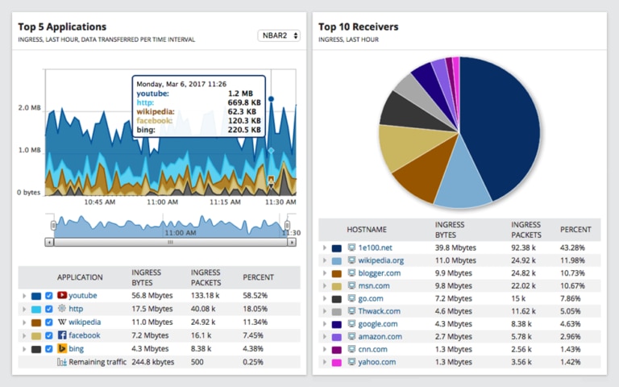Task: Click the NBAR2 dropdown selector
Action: [279, 35]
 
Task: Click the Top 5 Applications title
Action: [62, 27]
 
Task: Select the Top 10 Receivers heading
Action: [358, 27]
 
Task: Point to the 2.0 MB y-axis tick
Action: [30, 107]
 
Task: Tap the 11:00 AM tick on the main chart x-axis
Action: [163, 202]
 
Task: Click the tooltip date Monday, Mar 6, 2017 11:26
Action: [181, 84]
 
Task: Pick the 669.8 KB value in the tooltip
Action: [243, 102]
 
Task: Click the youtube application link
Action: [82, 296]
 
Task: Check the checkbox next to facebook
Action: [49, 335]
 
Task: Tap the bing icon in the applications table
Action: [61, 349]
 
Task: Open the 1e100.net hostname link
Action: [376, 248]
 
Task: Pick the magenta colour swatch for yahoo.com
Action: [337, 362]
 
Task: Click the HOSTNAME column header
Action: [367, 230]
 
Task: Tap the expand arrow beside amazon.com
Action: [324, 336]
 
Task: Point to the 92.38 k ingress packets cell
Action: [525, 248]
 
